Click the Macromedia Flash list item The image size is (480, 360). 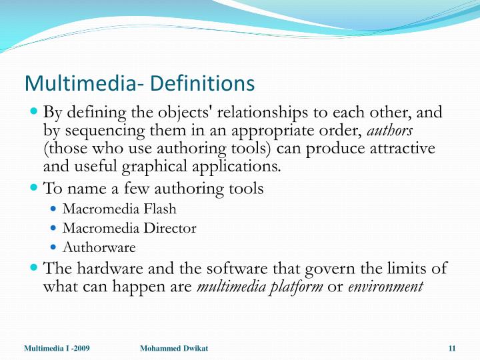click(119, 209)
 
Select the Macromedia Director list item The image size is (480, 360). click(129, 229)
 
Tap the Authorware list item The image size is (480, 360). click(99, 248)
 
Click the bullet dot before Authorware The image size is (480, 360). click(54, 247)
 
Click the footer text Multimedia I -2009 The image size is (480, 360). click(57, 349)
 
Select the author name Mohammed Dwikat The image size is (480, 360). click(175, 349)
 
